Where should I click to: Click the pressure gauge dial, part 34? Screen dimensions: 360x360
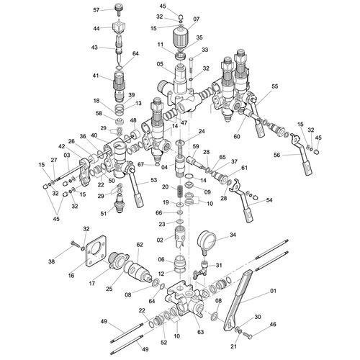(x=207, y=240)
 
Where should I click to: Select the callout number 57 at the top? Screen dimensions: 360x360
(x=96, y=10)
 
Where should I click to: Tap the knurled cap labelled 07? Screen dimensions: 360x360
(x=180, y=37)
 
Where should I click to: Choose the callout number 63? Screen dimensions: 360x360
(x=200, y=332)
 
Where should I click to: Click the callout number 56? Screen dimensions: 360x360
(x=276, y=155)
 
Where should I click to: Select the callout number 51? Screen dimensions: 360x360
(x=104, y=213)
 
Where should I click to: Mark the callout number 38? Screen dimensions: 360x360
(x=52, y=261)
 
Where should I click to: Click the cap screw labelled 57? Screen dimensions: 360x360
(x=119, y=9)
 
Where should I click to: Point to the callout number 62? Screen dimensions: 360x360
(x=140, y=245)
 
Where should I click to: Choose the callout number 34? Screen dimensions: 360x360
(x=233, y=235)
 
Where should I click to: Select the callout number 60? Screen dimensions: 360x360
(x=237, y=137)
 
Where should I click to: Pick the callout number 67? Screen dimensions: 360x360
(x=141, y=164)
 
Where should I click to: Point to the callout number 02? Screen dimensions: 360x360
(x=160, y=240)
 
